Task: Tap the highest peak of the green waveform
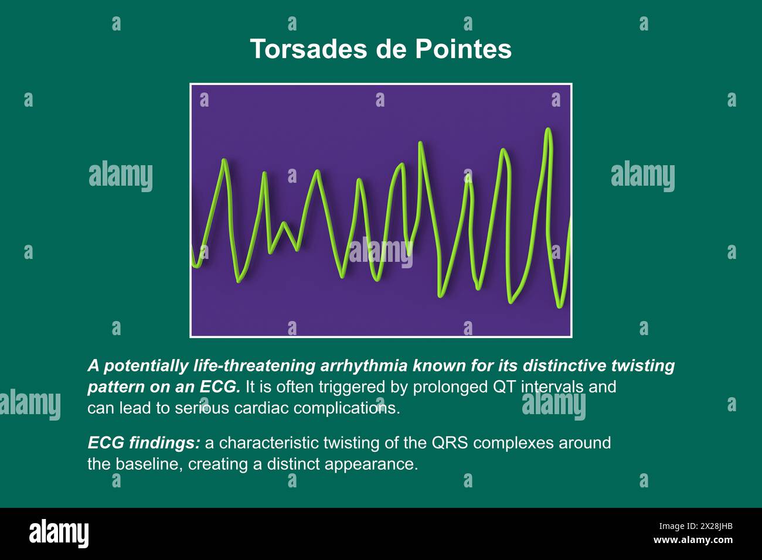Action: coord(548,130)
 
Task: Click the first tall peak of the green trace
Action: coord(224,161)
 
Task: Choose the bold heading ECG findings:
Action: coord(144,443)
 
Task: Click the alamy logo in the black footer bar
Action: coord(59,533)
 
